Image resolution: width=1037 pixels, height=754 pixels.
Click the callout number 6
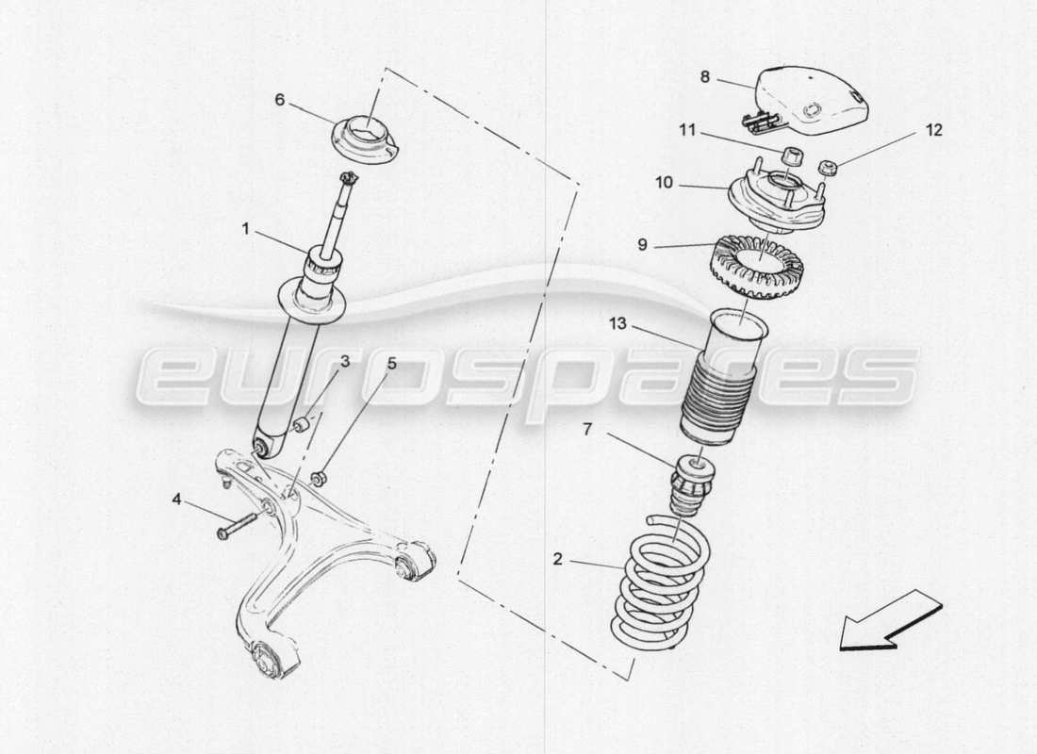279,99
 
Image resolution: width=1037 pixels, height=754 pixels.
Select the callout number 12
932,130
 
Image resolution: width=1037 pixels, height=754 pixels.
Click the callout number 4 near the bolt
176,500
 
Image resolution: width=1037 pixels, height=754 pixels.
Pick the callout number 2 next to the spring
557,559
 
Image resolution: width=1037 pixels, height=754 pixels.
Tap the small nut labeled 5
319,478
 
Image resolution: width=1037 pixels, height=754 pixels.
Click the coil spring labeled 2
659,584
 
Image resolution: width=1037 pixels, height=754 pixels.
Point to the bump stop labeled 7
693,485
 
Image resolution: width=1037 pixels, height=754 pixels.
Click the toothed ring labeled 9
754,266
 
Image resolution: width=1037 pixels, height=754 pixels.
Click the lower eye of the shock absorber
263,444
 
